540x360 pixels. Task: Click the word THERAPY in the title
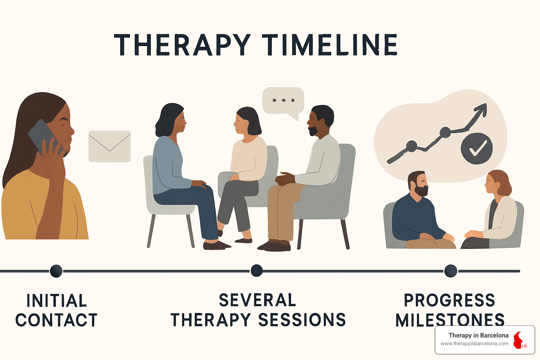pyautogui.click(x=182, y=45)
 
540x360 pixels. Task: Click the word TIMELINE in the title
pyautogui.click(x=330, y=45)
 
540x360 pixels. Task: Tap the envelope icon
pyautogui.click(x=110, y=146)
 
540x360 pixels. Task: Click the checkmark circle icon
pyautogui.click(x=477, y=148)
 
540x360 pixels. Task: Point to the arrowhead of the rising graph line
pyautogui.click(x=481, y=110)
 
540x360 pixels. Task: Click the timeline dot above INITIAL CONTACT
pyautogui.click(x=56, y=271)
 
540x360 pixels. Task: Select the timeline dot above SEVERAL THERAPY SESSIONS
pyautogui.click(x=257, y=271)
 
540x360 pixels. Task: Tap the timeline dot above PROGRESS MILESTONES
pyautogui.click(x=451, y=271)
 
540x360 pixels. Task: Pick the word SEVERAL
pyautogui.click(x=257, y=300)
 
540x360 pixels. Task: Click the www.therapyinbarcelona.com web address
pyautogui.click(x=474, y=343)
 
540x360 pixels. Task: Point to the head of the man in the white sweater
pyautogui.click(x=321, y=121)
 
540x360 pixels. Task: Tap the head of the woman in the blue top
pyautogui.click(x=171, y=120)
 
